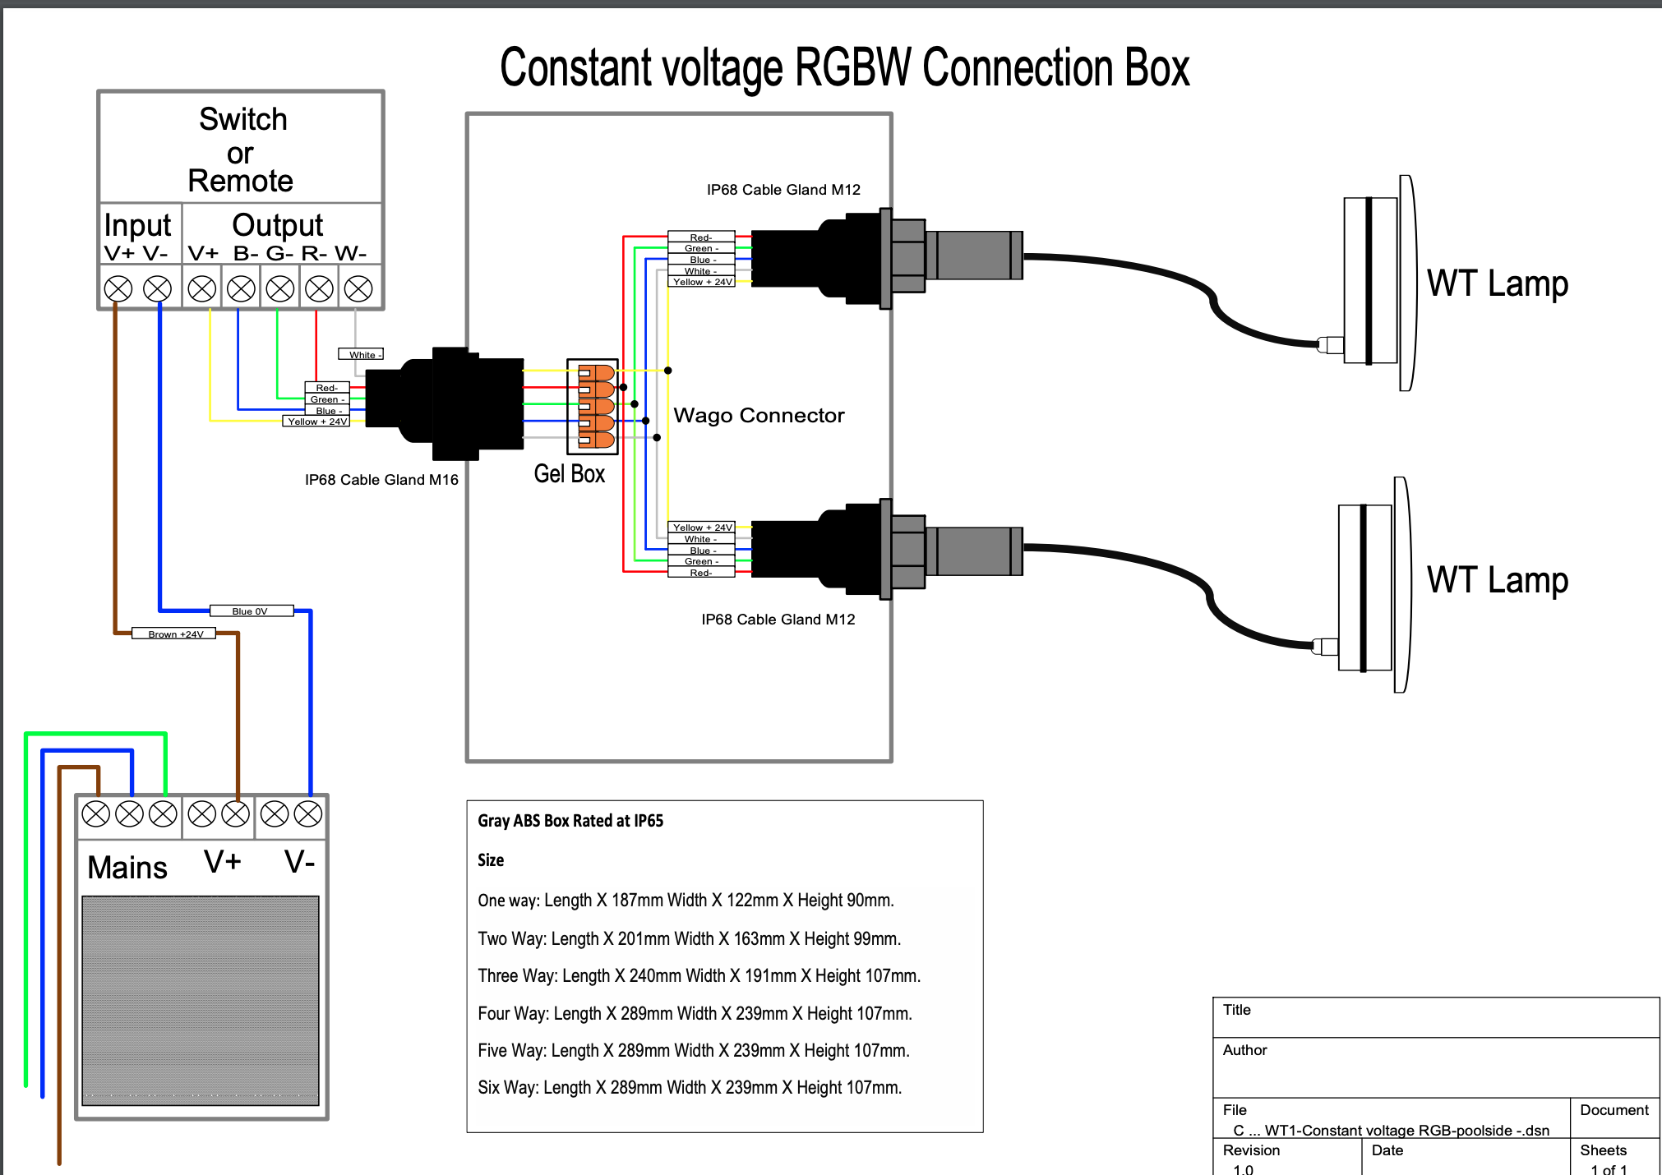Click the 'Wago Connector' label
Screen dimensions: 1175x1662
tap(759, 416)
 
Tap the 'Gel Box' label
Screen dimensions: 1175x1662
tap(569, 474)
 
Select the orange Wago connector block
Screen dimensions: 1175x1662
tap(596, 406)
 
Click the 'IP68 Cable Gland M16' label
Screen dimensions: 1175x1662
tap(381, 480)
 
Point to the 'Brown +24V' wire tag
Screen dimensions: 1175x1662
tap(174, 634)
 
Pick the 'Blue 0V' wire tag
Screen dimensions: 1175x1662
tap(251, 611)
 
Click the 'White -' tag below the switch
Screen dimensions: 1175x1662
tap(361, 354)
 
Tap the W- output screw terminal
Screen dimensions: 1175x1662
tap(358, 288)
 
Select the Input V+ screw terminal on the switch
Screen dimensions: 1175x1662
tap(118, 288)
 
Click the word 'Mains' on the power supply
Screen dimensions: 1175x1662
tap(127, 868)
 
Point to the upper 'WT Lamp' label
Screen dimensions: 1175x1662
tap(1497, 283)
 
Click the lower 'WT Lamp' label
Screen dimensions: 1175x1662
tap(1497, 580)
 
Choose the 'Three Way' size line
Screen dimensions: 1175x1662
tap(699, 976)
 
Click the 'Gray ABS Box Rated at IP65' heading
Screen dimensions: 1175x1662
tap(570, 821)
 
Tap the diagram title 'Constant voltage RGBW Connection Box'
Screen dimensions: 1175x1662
tap(844, 67)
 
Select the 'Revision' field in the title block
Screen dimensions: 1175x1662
tap(1251, 1150)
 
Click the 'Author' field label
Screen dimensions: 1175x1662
tap(1244, 1050)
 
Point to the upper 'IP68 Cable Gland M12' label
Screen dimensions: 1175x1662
tap(783, 190)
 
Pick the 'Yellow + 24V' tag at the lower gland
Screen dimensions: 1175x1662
tap(701, 528)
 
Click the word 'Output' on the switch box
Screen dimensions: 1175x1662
tap(277, 225)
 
